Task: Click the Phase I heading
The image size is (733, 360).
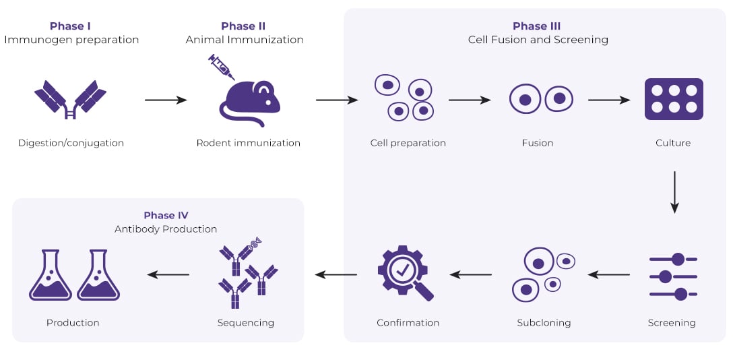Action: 71,26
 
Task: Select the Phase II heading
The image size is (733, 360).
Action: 243,26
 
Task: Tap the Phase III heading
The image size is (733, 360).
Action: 537,26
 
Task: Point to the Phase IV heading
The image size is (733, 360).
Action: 166,215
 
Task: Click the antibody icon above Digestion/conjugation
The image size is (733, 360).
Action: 70,100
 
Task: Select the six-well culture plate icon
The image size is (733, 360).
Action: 673,99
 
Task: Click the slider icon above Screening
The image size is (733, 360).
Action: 672,276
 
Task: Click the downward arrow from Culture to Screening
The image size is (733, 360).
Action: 674,192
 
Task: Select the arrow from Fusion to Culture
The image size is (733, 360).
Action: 608,100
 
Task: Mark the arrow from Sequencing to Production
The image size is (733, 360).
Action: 168,274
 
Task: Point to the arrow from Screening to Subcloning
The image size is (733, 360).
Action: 608,274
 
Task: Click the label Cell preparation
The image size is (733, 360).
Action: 408,143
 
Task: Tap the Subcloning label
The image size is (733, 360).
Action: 544,323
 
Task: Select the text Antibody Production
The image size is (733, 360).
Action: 166,229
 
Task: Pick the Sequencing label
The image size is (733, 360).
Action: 245,323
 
